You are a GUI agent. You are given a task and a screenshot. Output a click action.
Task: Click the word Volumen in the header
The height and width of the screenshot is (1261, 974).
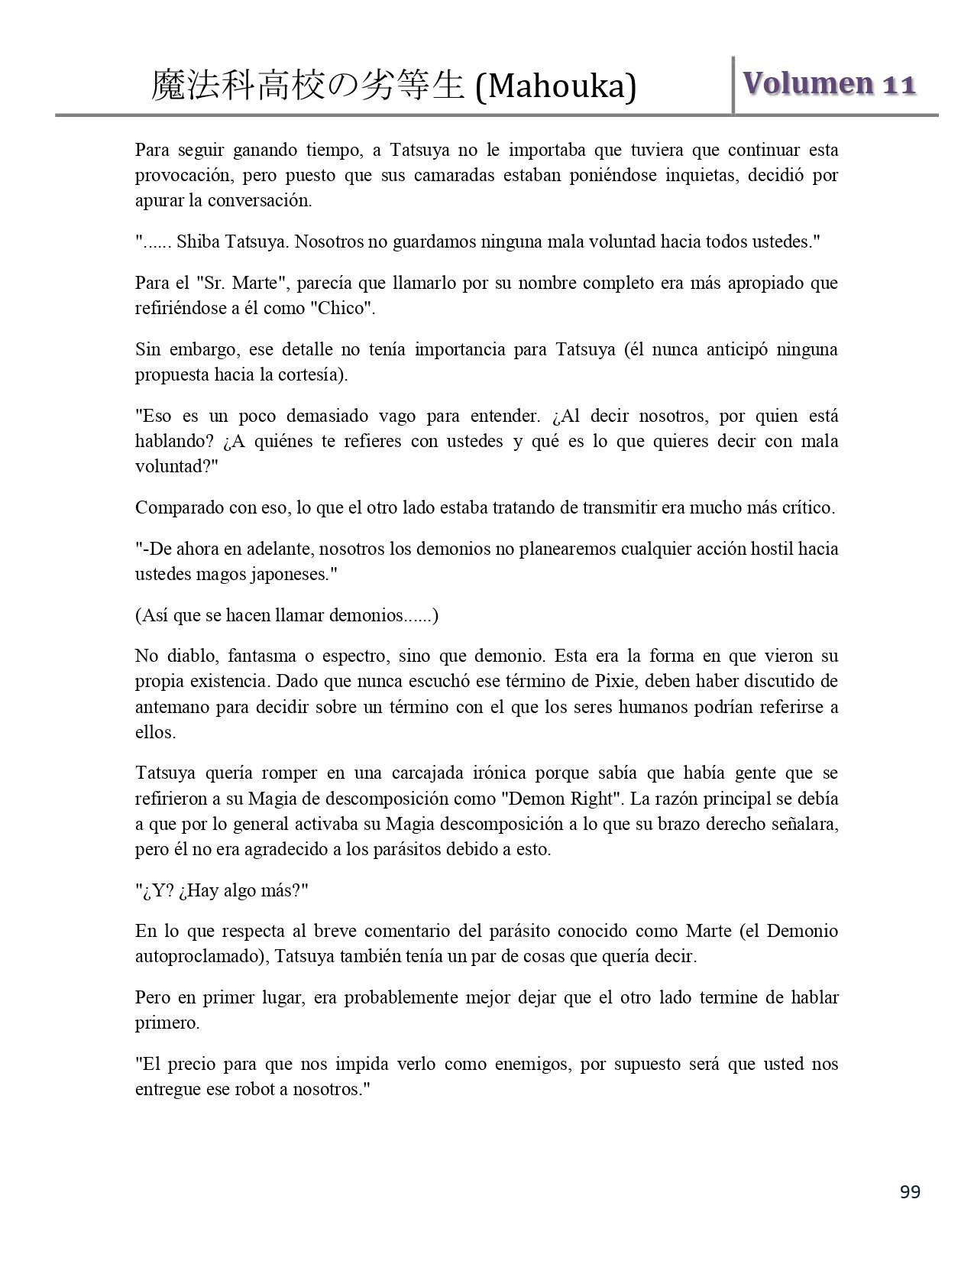tap(808, 83)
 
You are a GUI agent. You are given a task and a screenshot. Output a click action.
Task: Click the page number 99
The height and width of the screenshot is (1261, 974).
tap(910, 1192)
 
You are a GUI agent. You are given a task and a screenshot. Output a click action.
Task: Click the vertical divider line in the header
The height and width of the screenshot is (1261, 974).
tap(733, 85)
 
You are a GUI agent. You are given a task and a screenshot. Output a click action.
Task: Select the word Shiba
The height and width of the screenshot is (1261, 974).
tap(197, 242)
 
